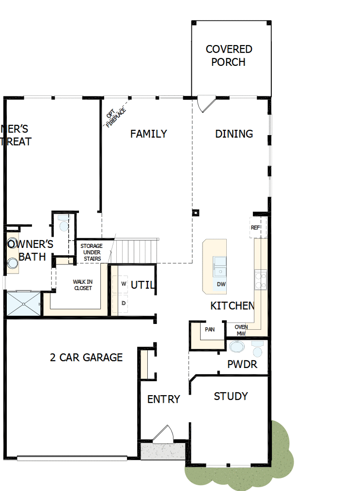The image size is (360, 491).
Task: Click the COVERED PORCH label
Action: tap(229, 56)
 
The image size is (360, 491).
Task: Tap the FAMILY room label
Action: tap(149, 134)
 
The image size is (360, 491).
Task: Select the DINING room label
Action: tap(234, 134)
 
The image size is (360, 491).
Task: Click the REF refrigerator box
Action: tap(255, 228)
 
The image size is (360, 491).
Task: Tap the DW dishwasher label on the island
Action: tap(221, 284)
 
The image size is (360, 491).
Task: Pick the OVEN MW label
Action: tap(241, 330)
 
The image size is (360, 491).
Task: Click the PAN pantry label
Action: tap(209, 330)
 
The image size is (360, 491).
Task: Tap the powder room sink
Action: tap(237, 347)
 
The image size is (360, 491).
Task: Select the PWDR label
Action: tap(242, 365)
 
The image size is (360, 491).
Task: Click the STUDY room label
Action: tap(231, 397)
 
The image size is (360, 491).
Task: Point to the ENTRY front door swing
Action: tap(163, 434)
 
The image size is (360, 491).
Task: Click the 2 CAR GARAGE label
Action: tap(86, 358)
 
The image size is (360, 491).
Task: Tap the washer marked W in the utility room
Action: tap(124, 284)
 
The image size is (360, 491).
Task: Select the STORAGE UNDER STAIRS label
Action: tap(91, 252)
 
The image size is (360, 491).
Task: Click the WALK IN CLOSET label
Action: tap(82, 285)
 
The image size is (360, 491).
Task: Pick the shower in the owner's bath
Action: tap(23, 303)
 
